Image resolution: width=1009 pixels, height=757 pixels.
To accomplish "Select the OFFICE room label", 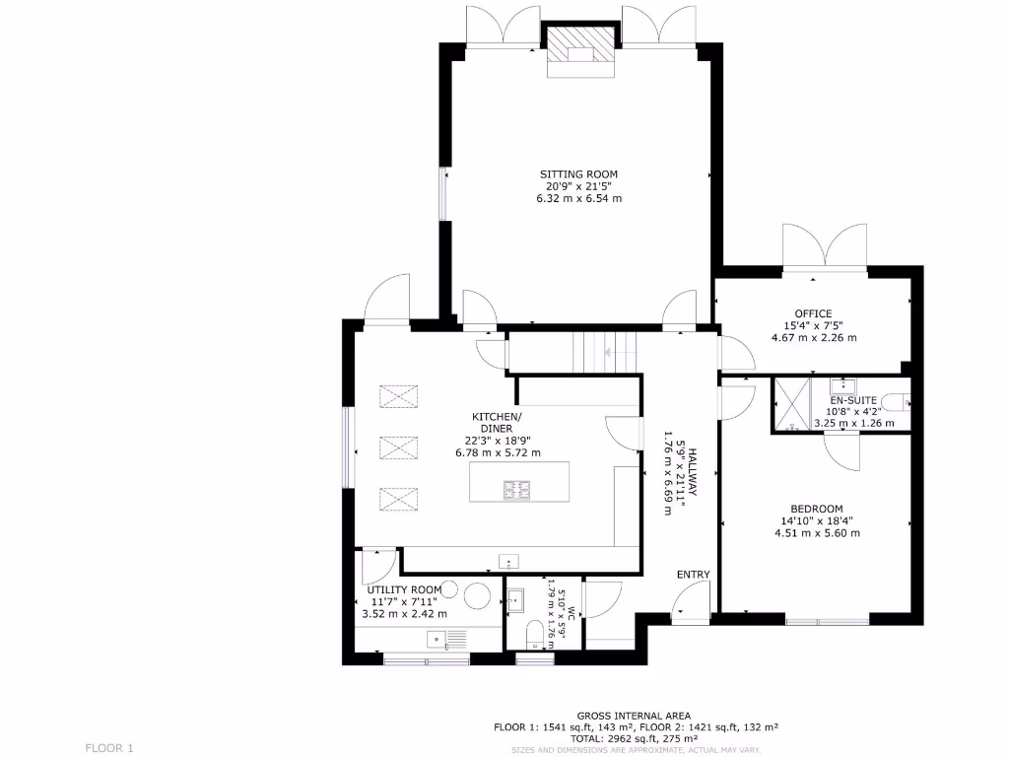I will pos(813,313).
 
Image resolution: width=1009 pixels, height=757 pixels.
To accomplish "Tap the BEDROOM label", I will pos(817,509).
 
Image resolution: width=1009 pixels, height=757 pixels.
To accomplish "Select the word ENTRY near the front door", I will pos(693,575).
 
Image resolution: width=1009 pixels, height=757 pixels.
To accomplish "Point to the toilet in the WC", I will pos(532,632).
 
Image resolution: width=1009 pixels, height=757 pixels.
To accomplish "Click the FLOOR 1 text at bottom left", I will pos(108,748).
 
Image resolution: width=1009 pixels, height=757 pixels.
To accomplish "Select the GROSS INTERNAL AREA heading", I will pos(634,716).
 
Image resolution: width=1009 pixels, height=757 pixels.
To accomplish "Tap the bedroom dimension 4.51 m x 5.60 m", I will pos(817,533).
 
